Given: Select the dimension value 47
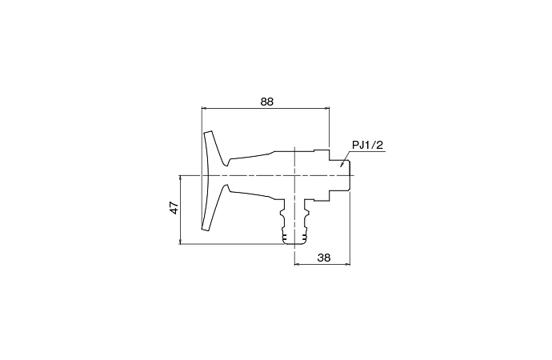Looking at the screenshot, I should [174, 209].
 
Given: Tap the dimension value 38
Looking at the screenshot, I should [324, 257].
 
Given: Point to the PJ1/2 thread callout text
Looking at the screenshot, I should [368, 145].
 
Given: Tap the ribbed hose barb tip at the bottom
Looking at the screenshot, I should [295, 237].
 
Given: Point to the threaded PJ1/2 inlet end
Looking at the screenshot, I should [343, 174].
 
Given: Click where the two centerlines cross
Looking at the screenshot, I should [296, 174].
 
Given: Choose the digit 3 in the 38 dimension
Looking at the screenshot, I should [321, 257].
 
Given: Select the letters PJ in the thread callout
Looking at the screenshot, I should [358, 145].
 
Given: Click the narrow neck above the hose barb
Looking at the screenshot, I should [295, 210].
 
